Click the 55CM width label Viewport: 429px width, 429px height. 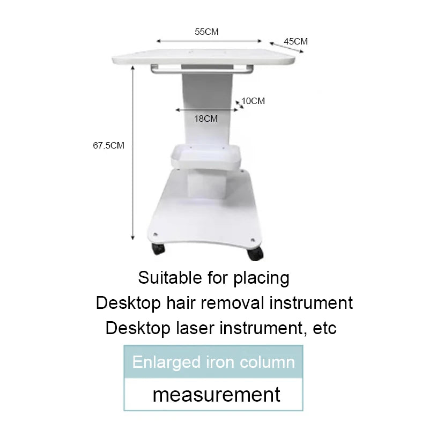(x=206, y=32)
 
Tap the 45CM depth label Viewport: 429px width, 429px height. (x=296, y=41)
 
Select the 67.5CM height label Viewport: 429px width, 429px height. (x=109, y=145)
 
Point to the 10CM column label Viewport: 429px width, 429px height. (x=253, y=101)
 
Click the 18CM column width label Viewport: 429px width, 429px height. (x=206, y=119)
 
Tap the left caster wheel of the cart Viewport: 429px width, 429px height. (x=158, y=248)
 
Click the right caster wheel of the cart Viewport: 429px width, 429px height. (x=255, y=253)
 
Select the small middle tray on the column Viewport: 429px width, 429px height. (x=206, y=157)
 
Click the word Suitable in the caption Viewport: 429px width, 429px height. (x=170, y=278)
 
